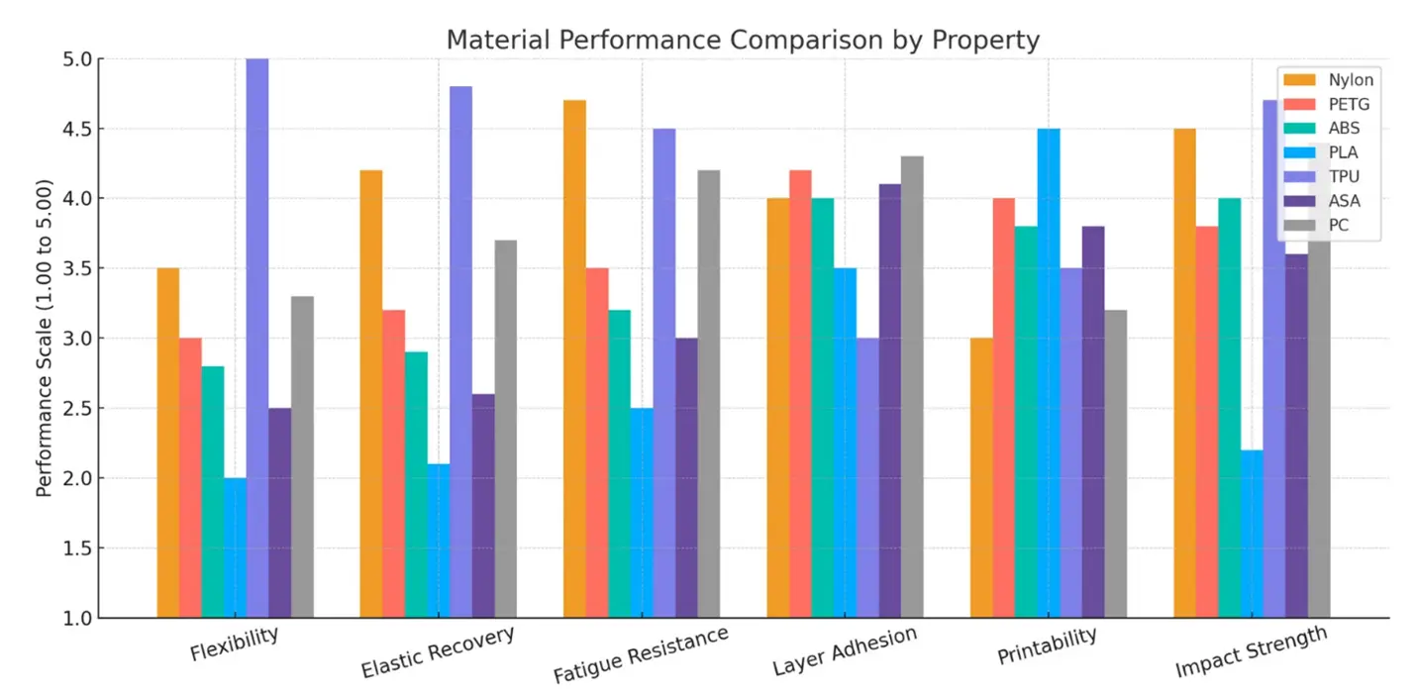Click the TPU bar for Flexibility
point(257,338)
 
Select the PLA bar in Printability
point(1049,373)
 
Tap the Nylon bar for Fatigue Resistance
point(574,359)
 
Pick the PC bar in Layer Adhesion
point(912,387)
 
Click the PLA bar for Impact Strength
point(1253,535)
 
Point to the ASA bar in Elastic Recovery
point(483,506)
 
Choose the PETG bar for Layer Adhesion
point(800,394)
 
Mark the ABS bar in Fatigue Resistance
point(620,464)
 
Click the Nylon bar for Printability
point(981,478)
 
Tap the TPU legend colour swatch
point(1299,176)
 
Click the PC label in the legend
point(1338,226)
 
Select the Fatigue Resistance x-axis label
point(641,654)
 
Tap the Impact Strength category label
point(1251,651)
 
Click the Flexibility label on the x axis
point(235,644)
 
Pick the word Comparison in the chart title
point(806,40)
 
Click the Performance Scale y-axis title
point(44,338)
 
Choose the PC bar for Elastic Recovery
point(506,429)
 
